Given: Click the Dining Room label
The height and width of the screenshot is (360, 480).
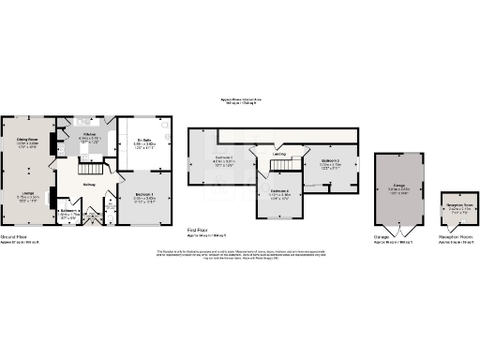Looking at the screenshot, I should [25, 141].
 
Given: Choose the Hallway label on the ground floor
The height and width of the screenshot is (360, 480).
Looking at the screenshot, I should [89, 184].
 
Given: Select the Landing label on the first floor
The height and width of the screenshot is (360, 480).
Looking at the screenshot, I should [278, 155].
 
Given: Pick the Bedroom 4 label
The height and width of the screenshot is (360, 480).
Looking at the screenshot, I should [278, 192].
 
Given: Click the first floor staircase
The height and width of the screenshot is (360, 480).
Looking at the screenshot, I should [282, 166].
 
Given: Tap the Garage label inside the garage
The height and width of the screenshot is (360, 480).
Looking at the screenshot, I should [397, 188].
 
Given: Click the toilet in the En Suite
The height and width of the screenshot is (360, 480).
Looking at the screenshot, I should [162, 126].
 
